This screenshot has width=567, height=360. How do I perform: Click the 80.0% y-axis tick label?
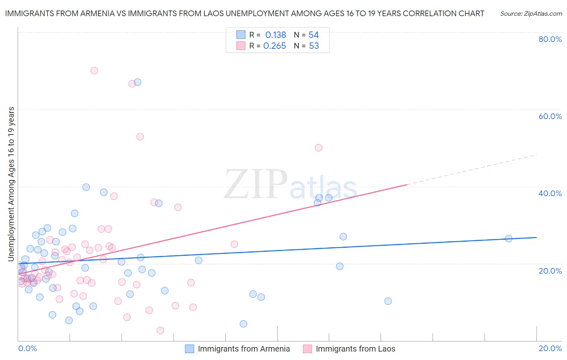point(550,39)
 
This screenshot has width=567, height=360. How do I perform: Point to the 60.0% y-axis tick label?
point(550,116)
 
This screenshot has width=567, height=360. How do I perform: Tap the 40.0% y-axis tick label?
point(550,193)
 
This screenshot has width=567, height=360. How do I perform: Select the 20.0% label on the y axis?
point(550,271)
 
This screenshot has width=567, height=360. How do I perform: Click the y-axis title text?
point(11,184)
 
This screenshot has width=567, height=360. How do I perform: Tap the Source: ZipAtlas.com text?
point(531,14)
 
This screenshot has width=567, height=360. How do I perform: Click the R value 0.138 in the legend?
point(275,35)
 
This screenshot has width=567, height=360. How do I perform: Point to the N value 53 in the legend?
point(314,46)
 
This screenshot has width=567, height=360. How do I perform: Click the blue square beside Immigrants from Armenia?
point(190,349)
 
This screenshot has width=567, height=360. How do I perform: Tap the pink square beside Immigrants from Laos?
point(307,349)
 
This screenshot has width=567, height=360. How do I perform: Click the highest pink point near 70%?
point(94,71)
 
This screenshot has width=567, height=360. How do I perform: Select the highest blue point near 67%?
point(138,82)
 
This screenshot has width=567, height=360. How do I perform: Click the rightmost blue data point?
point(509,239)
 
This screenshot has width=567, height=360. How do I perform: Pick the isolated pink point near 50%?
point(319,148)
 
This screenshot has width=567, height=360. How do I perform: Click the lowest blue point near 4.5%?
point(243,324)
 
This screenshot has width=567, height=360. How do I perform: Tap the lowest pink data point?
point(160,331)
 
